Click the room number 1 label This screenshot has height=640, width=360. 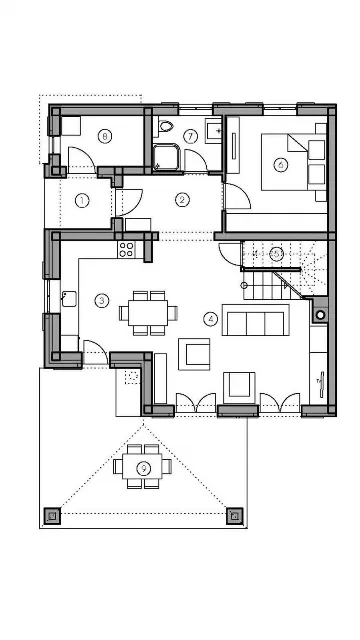pos(82,200)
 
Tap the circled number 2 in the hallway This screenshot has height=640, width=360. pos(182,200)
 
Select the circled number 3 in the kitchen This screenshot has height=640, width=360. pos(102,300)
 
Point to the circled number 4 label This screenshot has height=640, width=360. pos(210,320)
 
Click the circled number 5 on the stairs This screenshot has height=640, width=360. pos(276,254)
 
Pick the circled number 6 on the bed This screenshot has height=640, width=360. pos(281,164)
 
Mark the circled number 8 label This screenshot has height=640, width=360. pos(104,135)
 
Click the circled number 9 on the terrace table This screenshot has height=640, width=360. pos(144,467)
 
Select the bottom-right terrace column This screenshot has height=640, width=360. pos(234,516)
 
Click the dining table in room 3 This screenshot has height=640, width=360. pos(147,312)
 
